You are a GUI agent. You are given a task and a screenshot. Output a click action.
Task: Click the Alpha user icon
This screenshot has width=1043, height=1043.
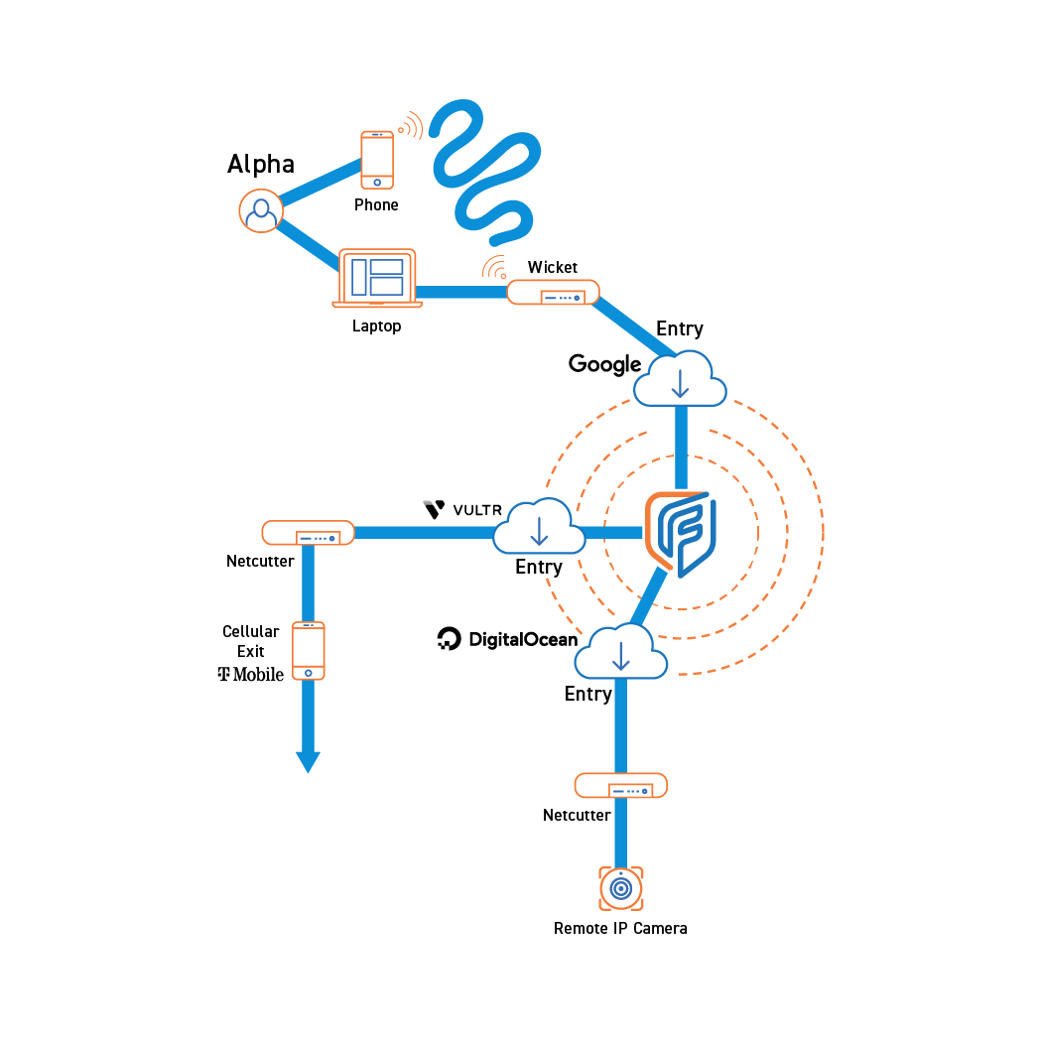261,210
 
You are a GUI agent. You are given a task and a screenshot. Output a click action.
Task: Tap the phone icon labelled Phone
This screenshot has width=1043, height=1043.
376,159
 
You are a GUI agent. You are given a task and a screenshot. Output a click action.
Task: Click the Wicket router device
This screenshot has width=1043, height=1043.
553,293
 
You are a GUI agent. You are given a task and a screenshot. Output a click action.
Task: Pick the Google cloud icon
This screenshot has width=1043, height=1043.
680,379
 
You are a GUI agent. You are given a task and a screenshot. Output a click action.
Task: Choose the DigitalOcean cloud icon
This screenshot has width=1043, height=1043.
621,652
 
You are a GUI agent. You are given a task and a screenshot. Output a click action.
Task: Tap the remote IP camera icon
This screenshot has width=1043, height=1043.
621,888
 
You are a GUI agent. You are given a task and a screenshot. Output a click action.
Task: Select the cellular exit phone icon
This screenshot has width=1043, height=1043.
309,651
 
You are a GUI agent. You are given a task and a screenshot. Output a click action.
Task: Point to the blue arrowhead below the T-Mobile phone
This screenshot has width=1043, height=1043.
308,762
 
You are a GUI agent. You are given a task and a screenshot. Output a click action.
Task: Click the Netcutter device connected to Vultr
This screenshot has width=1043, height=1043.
308,533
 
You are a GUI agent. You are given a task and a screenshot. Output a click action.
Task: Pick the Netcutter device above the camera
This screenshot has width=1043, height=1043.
620,786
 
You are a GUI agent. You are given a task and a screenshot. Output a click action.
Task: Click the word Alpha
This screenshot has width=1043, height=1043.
261,164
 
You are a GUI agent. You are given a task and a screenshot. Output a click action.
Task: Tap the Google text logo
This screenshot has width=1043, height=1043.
604,364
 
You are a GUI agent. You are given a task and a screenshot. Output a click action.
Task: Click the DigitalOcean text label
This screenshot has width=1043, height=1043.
507,639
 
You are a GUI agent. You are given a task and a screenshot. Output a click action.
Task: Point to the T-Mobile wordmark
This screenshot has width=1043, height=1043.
251,675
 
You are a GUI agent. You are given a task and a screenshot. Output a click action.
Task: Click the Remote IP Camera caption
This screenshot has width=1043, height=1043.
620,929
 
